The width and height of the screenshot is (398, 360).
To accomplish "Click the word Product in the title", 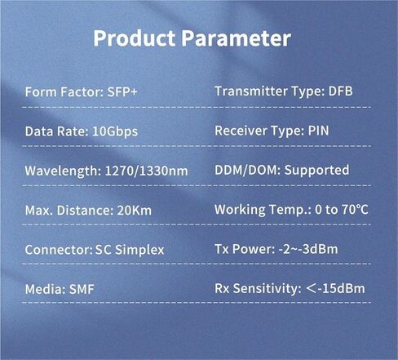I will [132, 38].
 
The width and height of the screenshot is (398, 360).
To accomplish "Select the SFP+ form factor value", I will [122, 91].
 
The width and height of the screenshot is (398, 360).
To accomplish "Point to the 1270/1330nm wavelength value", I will [147, 171].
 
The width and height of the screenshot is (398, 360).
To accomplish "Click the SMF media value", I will [79, 289].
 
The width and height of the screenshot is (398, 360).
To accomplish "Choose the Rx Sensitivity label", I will [255, 288].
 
